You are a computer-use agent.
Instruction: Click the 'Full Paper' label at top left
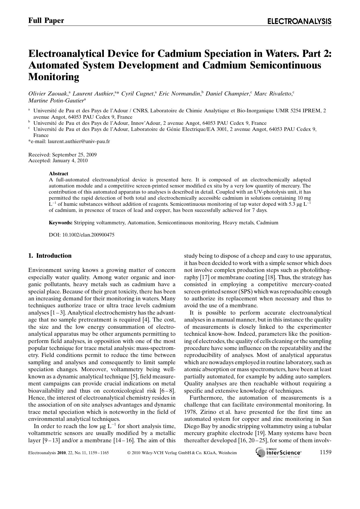click(x=46, y=21)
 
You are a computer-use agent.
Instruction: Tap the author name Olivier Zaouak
click(x=48, y=93)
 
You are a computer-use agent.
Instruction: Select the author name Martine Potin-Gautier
click(x=56, y=101)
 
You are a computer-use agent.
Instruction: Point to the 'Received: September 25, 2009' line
click(x=62, y=154)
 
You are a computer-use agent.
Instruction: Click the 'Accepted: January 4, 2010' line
click(x=58, y=160)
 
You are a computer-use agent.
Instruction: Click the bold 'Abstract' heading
click(x=59, y=174)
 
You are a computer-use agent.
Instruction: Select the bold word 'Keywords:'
click(x=60, y=223)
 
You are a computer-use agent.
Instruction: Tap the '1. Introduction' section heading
click(x=50, y=256)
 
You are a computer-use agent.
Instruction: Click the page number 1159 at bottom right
click(x=325, y=452)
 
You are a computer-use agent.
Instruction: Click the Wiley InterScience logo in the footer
click(x=279, y=452)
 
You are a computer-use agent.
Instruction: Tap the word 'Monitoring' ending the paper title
click(x=54, y=77)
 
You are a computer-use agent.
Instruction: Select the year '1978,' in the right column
click(x=191, y=412)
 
